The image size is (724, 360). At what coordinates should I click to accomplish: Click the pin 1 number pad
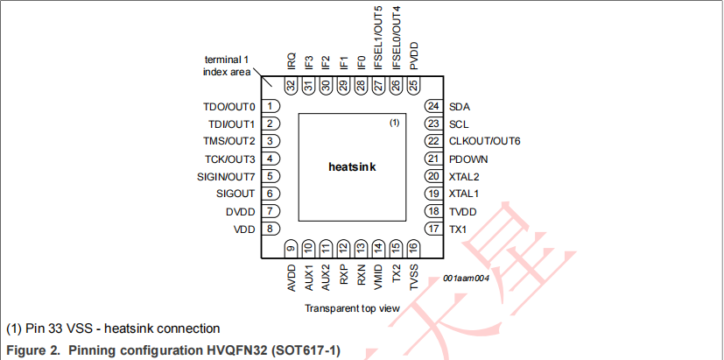272,106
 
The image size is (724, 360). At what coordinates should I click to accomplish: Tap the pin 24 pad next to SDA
432,106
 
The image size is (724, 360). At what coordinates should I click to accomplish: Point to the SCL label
458,124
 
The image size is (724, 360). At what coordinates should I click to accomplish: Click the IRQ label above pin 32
291,60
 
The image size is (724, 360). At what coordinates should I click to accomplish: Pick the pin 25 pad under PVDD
413,86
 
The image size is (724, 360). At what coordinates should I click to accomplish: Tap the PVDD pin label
413,58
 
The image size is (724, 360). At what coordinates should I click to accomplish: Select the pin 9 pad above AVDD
291,249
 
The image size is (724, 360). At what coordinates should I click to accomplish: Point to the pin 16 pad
413,249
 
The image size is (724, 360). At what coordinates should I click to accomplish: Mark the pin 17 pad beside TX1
432,229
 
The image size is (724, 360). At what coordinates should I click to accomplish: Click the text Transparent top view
352,308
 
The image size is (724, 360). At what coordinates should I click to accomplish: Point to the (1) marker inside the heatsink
394,123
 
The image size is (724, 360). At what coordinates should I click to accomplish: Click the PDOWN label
468,159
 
